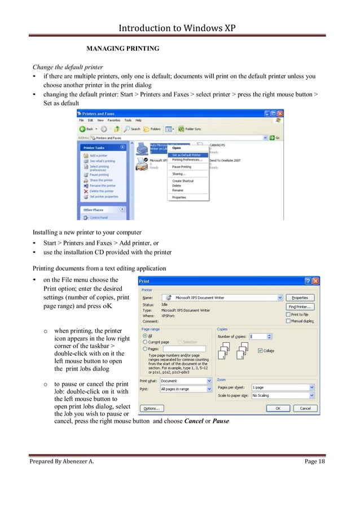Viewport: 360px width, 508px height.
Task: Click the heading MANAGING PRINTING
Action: (122, 48)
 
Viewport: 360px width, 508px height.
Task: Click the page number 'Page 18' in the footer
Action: (315, 462)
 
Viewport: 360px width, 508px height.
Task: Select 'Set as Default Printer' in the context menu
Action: (186, 154)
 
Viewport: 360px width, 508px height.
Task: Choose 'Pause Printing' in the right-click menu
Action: (182, 167)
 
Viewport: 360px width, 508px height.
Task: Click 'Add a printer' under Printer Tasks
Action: (99, 155)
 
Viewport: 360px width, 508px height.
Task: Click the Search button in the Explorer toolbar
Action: (133, 129)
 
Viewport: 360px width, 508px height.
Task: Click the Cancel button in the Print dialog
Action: (305, 408)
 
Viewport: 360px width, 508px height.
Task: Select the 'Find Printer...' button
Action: (304, 307)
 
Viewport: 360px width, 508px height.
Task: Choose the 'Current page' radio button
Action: (144, 342)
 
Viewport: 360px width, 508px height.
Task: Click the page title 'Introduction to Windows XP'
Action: (179, 27)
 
